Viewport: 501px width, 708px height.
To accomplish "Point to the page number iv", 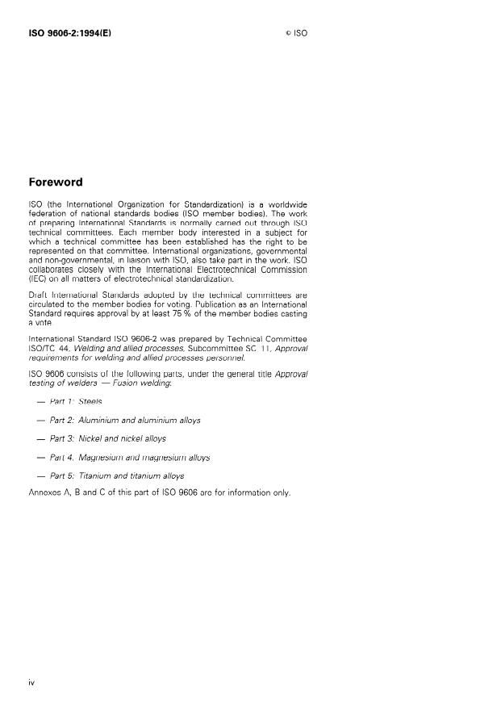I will click(x=31, y=683).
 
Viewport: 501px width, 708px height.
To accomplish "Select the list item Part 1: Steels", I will click(x=76, y=400).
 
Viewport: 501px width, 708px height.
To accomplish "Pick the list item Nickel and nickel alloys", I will click(x=107, y=438).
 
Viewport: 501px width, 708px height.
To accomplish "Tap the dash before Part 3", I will click(x=40, y=438).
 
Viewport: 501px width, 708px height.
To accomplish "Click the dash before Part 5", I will click(x=40, y=475).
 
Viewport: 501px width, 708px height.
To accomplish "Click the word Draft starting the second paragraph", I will click(x=37, y=295).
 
